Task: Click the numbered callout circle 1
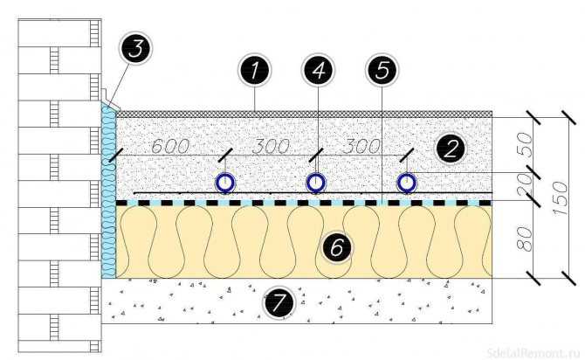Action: (x=254, y=70)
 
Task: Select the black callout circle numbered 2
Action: (x=451, y=149)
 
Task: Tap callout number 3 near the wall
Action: (x=136, y=48)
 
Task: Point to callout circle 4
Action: (x=318, y=70)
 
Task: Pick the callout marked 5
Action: (x=382, y=70)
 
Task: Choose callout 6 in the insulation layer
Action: (x=336, y=247)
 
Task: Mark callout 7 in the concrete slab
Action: (x=279, y=302)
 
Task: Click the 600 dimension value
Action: (x=170, y=147)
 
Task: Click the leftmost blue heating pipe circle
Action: (x=225, y=183)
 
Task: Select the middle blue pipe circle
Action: (x=315, y=183)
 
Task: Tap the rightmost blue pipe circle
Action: (x=406, y=183)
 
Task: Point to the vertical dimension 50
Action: (x=525, y=144)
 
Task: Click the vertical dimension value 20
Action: (x=525, y=184)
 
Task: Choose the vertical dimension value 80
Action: (x=525, y=239)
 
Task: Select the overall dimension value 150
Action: (x=561, y=198)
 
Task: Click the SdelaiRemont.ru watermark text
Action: (x=533, y=352)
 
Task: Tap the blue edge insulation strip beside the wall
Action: (x=108, y=190)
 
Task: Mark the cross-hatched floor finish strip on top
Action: (x=304, y=114)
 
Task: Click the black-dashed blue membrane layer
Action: (x=304, y=203)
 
